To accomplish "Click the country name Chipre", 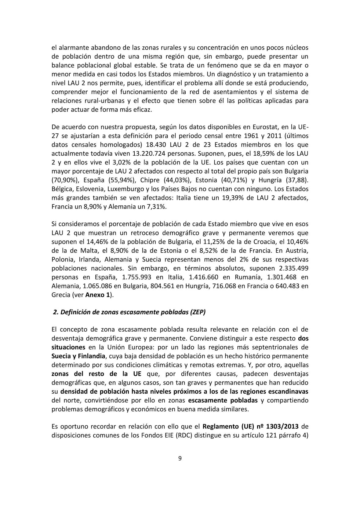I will [x=148, y=180].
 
